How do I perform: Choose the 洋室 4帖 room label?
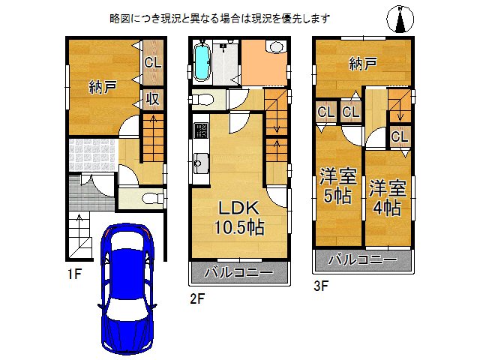387,197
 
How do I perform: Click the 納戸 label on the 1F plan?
102,88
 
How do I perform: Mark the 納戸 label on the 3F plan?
362,64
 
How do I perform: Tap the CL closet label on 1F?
153,63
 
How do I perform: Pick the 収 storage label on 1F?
152,98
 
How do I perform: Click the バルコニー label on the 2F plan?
239,274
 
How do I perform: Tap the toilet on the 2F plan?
205,98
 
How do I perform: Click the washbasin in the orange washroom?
275,47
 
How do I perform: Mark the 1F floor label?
72,274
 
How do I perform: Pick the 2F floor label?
196,298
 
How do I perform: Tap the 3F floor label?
320,285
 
